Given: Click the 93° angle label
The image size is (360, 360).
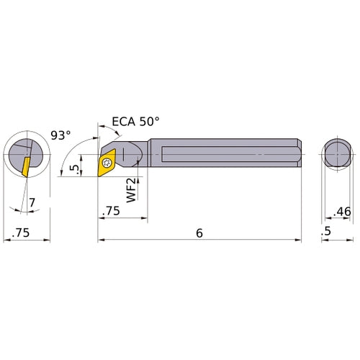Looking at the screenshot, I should tap(62, 134).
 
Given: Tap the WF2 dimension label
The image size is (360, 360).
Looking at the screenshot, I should tap(132, 192).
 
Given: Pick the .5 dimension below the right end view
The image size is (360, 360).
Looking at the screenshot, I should tap(328, 232).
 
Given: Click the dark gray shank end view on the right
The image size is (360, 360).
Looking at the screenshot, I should tap(336, 155).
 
